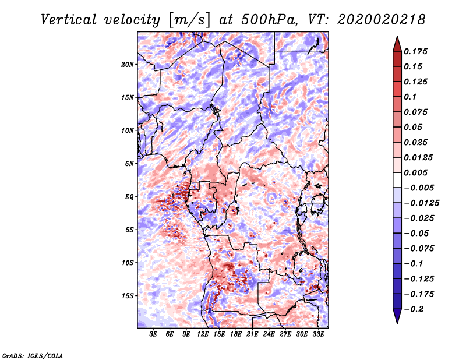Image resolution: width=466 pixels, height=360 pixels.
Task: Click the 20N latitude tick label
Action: [128, 64]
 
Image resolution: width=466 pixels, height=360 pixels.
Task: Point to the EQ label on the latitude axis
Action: [129, 196]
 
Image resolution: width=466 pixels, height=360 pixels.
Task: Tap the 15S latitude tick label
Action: [128, 296]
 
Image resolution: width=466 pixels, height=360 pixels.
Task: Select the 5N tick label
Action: [129, 164]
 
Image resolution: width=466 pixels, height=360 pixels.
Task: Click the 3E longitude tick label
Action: [153, 334]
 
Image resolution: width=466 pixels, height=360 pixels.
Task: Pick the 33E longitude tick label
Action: [318, 334]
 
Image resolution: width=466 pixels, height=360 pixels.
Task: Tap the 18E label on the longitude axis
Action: [236, 334]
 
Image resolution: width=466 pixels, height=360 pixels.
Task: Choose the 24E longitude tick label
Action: [269, 334]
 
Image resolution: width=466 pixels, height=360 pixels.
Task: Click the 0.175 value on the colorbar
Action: [415, 51]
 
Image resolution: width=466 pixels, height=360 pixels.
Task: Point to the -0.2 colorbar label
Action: [414, 309]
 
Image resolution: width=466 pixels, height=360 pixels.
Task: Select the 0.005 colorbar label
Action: [415, 172]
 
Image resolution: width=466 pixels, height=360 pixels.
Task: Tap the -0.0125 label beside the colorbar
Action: [421, 203]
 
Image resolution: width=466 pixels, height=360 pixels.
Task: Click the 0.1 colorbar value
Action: [410, 97]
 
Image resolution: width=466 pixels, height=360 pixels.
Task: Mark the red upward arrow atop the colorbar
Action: [397, 44]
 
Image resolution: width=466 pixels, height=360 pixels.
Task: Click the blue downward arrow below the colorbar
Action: [397, 316]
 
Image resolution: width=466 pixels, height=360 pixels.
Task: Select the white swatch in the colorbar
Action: [397, 180]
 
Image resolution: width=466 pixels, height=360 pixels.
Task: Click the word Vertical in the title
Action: [69, 20]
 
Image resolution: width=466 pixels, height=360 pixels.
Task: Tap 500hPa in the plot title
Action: [269, 20]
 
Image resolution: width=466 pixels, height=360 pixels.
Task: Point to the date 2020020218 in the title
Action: [381, 20]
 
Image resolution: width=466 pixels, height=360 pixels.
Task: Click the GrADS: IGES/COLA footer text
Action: [33, 355]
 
